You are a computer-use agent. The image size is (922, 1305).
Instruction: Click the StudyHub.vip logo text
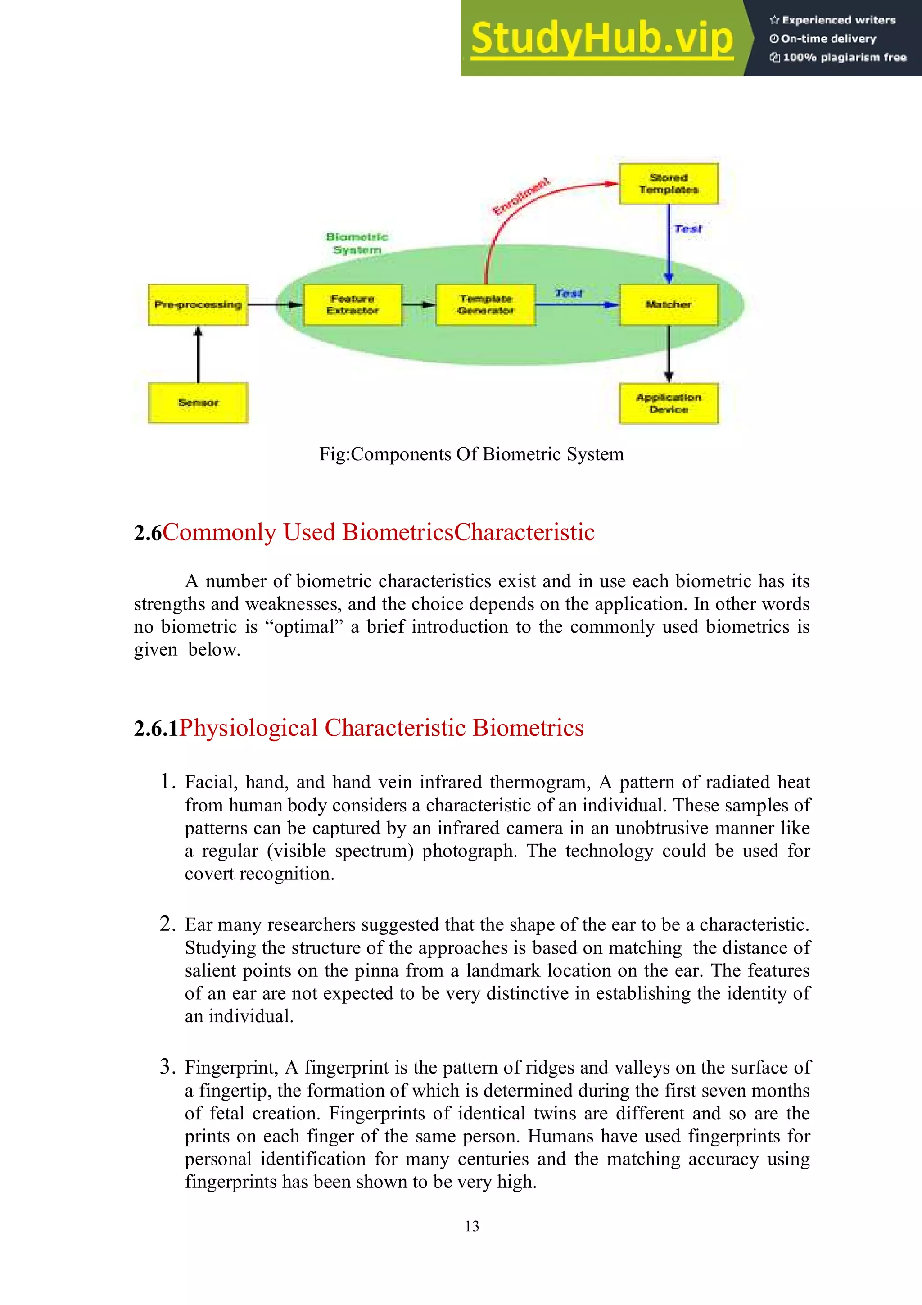click(x=601, y=39)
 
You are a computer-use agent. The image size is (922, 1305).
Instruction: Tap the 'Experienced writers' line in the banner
click(x=833, y=20)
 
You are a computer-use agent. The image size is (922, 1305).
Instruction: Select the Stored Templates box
click(x=669, y=184)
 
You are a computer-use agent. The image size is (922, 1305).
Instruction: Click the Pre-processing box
click(x=198, y=305)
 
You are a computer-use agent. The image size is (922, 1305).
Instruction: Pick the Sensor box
click(x=198, y=403)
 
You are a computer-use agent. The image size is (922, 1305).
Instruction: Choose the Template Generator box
click(x=486, y=305)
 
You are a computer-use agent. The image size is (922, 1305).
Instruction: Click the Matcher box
click(x=669, y=305)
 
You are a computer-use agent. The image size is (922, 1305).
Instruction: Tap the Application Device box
click(x=669, y=403)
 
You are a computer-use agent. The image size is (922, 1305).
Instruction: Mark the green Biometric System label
click(x=357, y=243)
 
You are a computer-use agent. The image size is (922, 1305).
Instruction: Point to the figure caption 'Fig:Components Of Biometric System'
click(x=471, y=454)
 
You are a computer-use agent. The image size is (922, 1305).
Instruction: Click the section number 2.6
click(x=148, y=533)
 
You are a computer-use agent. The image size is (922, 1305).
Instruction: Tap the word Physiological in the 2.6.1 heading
click(x=248, y=728)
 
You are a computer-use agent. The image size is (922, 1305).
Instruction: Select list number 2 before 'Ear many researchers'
click(x=167, y=924)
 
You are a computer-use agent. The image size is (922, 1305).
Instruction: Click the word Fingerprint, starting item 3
click(x=230, y=1067)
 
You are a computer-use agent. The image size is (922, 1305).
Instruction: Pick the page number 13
click(x=471, y=1226)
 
